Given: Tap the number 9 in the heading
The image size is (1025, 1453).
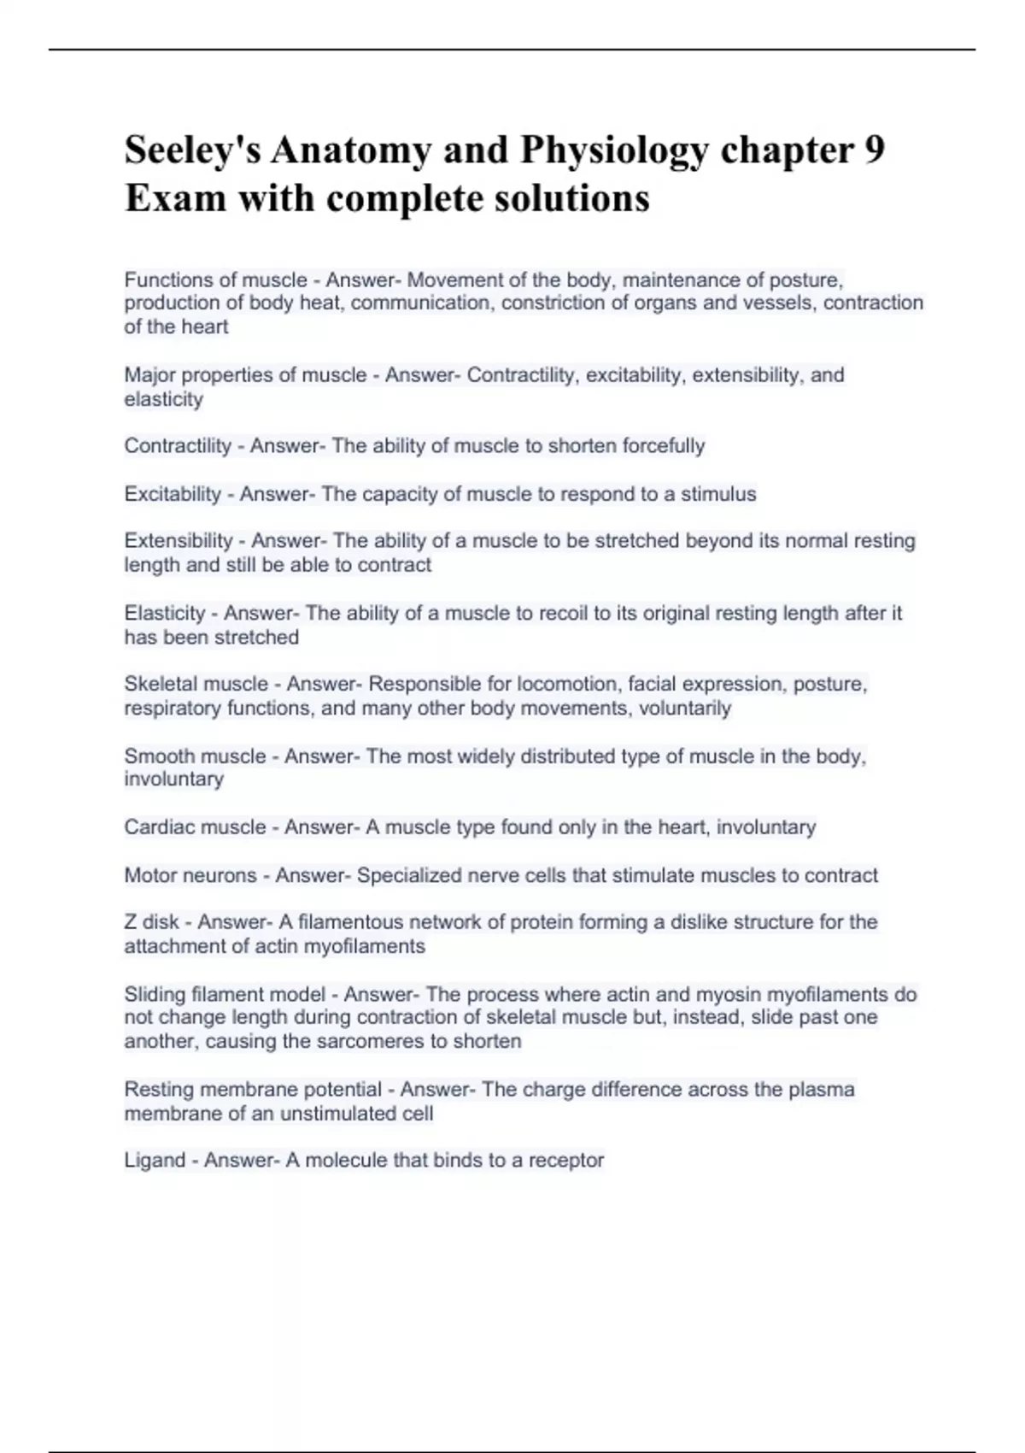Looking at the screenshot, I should pos(874,150).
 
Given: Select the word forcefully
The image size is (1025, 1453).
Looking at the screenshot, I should pos(663,446).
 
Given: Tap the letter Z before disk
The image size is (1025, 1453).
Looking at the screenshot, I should pos(130,922).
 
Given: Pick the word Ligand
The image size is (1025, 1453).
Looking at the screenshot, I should pos(154,1161).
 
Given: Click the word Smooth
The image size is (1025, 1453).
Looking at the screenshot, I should pos(159,756).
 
